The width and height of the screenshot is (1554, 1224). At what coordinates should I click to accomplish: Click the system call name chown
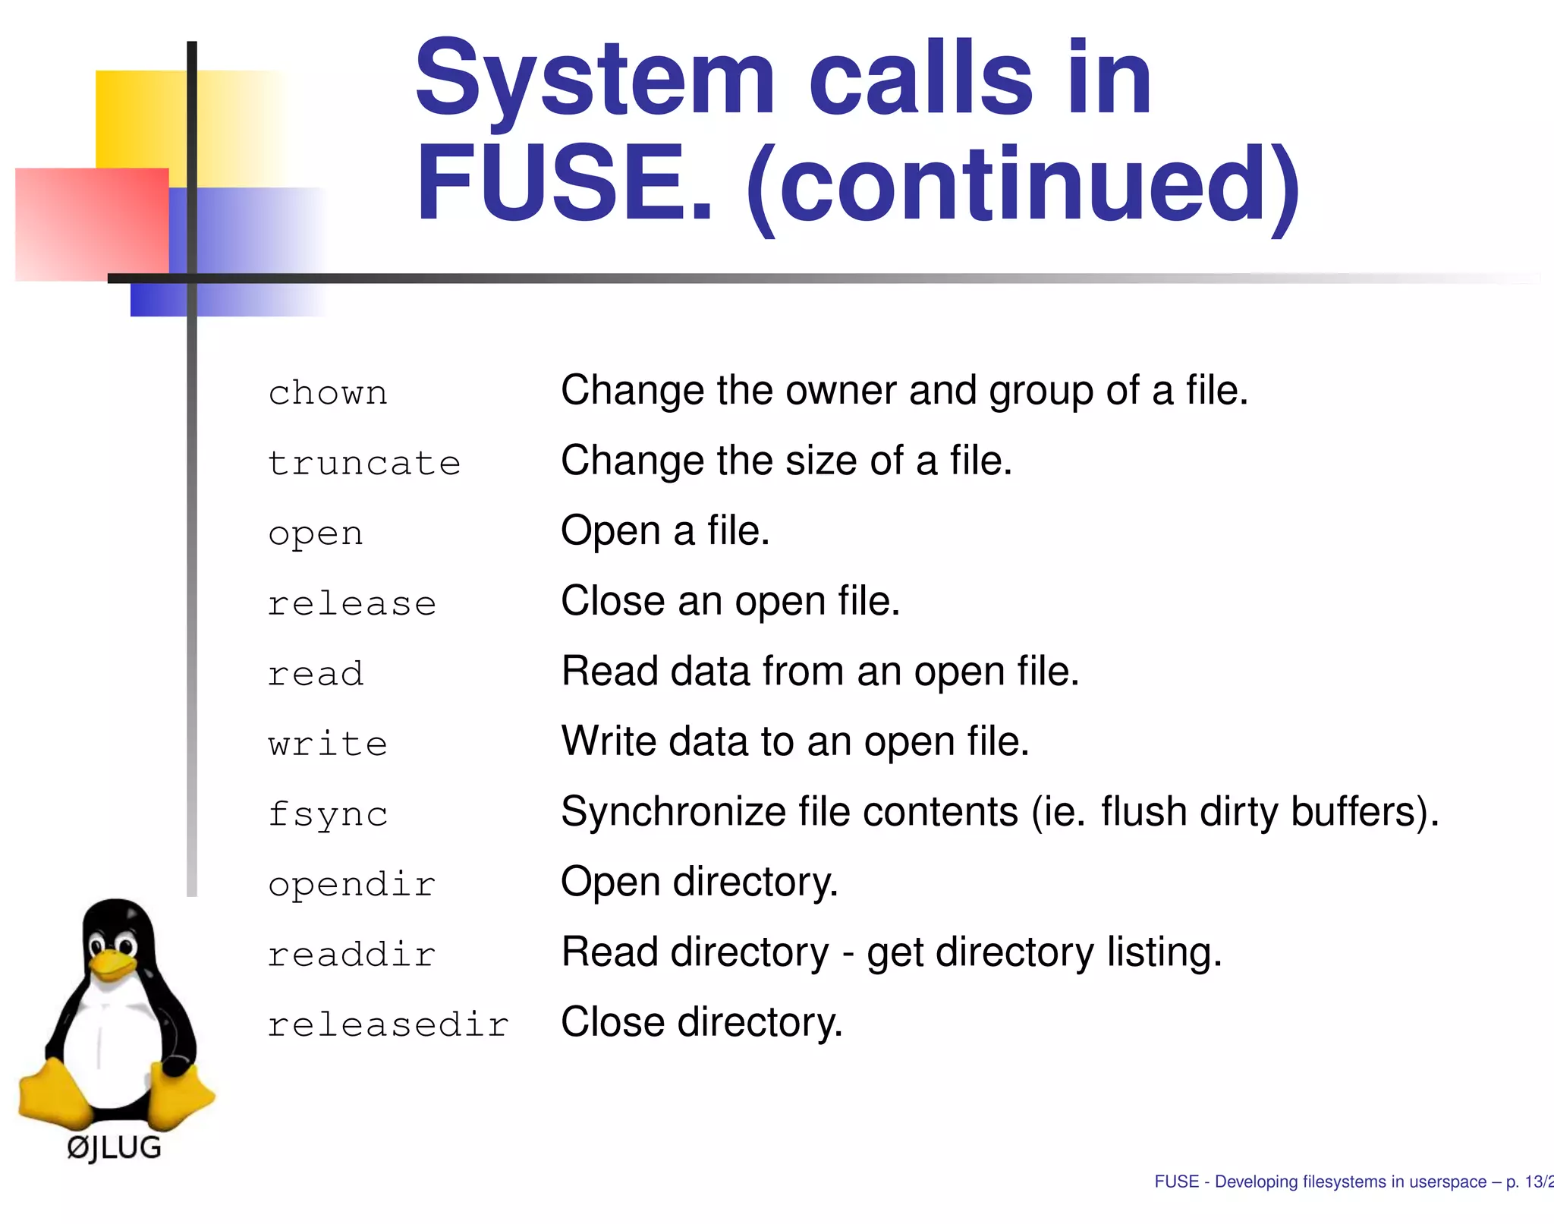328,393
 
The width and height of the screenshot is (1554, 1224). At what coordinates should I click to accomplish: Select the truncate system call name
364,463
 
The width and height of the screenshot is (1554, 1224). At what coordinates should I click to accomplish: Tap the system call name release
352,604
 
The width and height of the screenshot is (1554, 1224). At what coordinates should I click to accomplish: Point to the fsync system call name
328,815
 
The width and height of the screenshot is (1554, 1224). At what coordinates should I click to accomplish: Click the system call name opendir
352,885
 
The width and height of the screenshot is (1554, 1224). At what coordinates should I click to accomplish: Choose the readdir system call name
352,955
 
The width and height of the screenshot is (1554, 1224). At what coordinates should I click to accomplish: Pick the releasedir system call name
388,1024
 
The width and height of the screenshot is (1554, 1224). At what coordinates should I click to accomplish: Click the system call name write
328,744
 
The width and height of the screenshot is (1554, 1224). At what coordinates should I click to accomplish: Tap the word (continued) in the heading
1024,185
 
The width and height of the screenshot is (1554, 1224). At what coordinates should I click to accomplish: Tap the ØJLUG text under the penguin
115,1147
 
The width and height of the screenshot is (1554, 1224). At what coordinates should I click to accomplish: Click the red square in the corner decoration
91,224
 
